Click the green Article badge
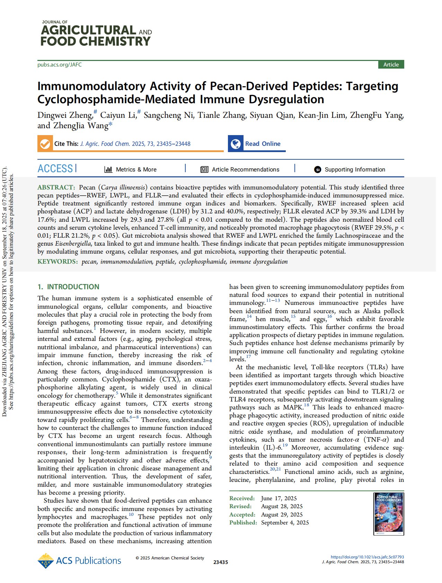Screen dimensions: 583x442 [391, 65]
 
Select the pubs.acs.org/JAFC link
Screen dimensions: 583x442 [60, 65]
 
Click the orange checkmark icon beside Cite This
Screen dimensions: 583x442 [45, 144]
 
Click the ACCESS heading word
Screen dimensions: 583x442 [55, 169]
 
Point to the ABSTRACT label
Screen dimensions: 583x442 [56, 187]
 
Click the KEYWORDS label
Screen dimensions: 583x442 [58, 262]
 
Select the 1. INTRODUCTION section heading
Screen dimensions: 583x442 [68, 287]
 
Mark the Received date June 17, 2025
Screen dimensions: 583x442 [279, 498]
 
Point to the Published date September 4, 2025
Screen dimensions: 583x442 [285, 522]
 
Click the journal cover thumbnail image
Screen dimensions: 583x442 [389, 514]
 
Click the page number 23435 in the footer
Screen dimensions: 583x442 [221, 562]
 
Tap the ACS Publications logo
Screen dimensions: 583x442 [79, 561]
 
